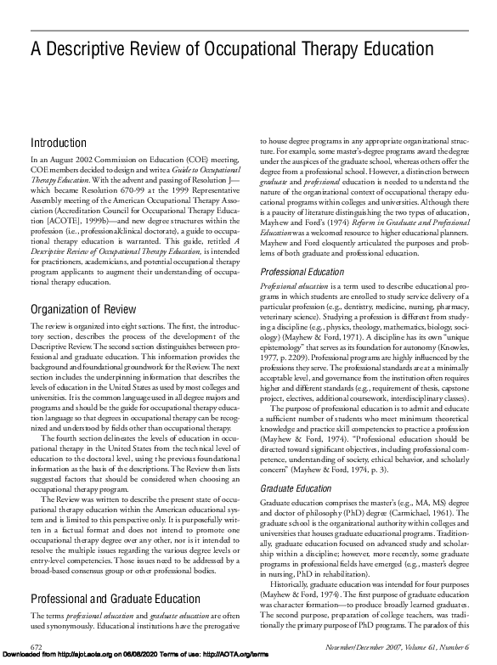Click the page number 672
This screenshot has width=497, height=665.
click(37, 646)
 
